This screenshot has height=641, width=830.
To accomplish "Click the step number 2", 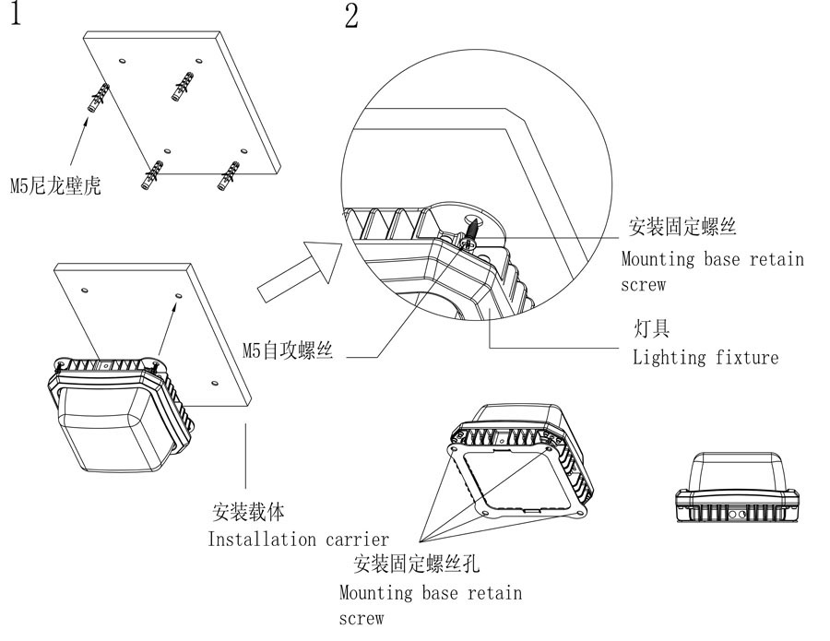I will (x=351, y=17).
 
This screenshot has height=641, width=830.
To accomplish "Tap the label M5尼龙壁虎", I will (x=54, y=186).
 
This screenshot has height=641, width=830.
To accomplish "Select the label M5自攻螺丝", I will (x=287, y=350).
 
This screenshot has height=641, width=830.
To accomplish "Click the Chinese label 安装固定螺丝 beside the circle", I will (x=683, y=226).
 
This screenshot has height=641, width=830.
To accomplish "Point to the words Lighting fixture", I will (x=705, y=357).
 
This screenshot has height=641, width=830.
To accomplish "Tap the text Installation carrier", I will (x=298, y=539).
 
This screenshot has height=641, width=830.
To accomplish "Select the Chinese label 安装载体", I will (x=248, y=513).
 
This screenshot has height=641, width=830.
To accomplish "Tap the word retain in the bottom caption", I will (x=492, y=592).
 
